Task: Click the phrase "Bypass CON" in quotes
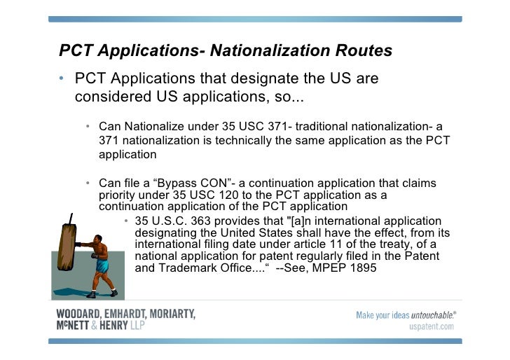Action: pyautogui.click(x=175, y=184)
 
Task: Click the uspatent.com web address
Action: pyautogui.click(x=431, y=326)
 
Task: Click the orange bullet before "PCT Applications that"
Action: pyautogui.click(x=62, y=78)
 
